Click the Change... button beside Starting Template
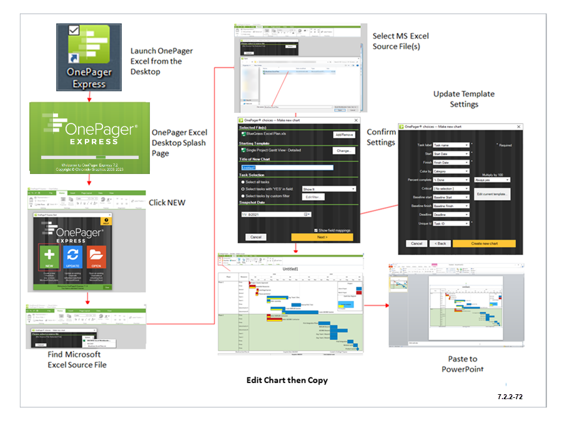343,150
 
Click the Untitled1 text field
287,167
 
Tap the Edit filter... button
313,196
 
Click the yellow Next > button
322,237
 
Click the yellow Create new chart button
484,243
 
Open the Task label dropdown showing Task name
450,145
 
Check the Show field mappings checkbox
315,230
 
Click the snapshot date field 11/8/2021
275,214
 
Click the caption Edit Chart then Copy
287,380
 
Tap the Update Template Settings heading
464,99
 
